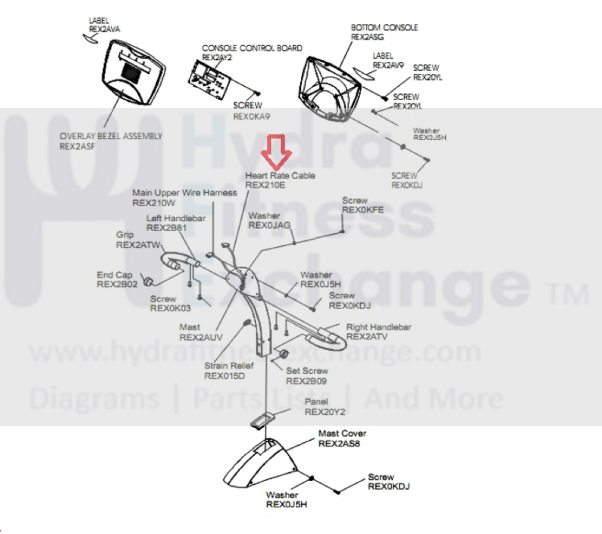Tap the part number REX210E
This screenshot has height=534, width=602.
[265, 185]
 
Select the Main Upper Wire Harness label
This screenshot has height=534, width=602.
[184, 193]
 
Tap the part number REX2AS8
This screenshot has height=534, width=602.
[339, 444]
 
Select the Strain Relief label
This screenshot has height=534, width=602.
[229, 366]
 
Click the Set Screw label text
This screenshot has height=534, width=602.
[307, 371]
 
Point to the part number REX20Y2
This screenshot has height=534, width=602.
[325, 412]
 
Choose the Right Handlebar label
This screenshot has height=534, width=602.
[378, 327]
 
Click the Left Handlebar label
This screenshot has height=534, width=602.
[176, 218]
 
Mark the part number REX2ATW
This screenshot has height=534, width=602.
[138, 245]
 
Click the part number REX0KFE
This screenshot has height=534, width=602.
[363, 210]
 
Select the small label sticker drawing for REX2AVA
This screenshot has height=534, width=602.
[91, 38]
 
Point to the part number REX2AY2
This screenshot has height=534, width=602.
[217, 58]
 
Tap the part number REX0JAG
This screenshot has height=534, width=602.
[269, 225]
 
